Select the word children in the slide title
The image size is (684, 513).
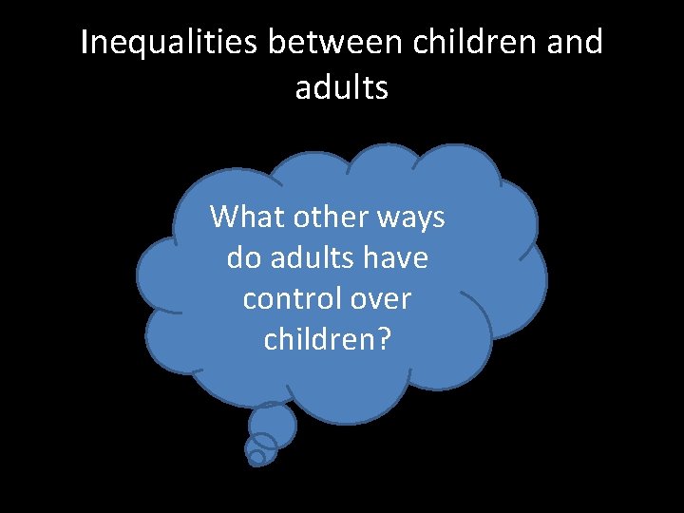tap(473, 43)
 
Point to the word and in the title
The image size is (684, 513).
tap(576, 43)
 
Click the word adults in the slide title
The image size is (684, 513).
tap(342, 87)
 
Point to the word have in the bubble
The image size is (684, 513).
tap(397, 257)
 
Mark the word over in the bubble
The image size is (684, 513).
tap(380, 299)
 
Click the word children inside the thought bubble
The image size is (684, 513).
tap(319, 339)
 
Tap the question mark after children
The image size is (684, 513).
tap(383, 339)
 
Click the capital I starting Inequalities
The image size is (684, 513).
tap(85, 43)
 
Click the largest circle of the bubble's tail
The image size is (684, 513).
tap(272, 425)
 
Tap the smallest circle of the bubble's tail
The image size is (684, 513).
tap(256, 457)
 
